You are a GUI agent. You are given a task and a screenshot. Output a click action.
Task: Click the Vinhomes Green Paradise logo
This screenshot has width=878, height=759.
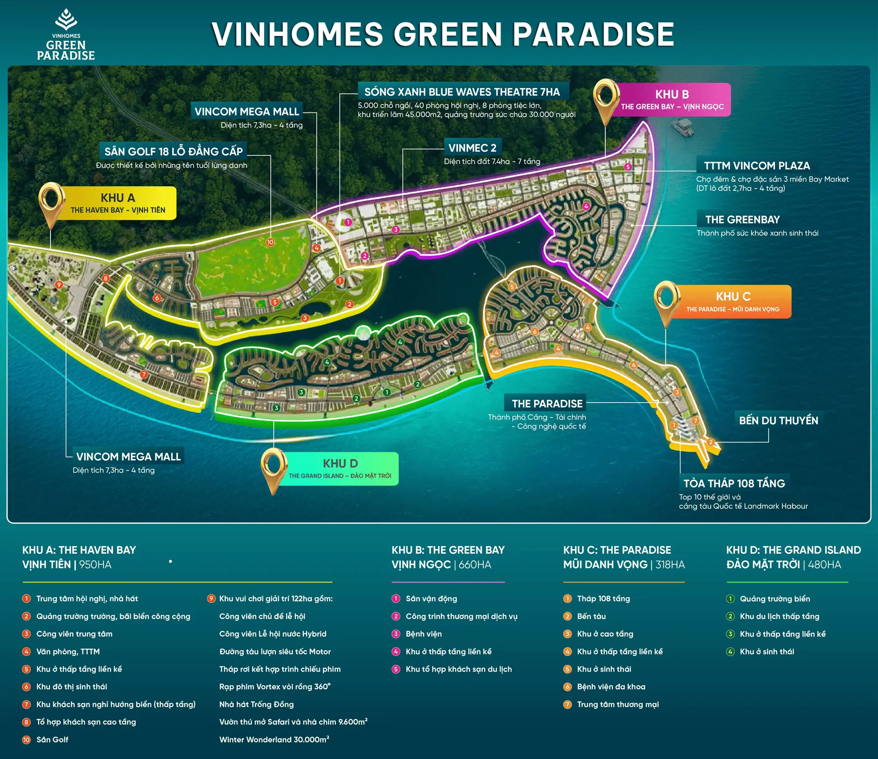click(66, 35)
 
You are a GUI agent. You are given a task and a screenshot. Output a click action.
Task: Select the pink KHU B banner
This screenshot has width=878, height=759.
click(672, 100)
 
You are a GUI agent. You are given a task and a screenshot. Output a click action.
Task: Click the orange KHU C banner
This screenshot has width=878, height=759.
click(733, 302)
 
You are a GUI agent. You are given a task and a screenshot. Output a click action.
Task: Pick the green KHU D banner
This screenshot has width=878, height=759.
click(340, 468)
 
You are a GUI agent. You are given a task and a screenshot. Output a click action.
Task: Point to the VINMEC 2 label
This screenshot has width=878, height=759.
click(472, 148)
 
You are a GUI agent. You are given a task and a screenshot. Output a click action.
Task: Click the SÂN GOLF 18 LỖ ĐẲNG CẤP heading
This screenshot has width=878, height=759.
click(173, 151)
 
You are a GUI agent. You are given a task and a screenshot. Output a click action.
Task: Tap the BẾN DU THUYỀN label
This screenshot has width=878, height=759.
click(778, 421)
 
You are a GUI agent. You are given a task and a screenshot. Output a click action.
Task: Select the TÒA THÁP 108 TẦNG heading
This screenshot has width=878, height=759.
click(734, 483)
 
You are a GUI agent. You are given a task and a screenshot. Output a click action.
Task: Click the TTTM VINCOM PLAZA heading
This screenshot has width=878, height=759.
click(757, 166)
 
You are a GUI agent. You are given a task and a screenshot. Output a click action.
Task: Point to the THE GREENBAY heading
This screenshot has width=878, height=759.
click(742, 219)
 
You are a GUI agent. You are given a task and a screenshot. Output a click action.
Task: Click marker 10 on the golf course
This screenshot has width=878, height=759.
click(270, 242)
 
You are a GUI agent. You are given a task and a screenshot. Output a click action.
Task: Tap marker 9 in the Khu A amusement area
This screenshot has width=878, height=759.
click(59, 285)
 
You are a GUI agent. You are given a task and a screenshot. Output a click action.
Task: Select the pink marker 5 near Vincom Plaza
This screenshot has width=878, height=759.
click(628, 167)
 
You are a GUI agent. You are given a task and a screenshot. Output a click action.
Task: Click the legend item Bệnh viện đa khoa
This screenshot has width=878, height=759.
click(611, 687)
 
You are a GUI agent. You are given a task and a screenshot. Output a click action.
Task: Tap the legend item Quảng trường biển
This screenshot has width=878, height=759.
click(774, 599)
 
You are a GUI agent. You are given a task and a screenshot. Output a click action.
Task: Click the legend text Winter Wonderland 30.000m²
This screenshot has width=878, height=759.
click(274, 739)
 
